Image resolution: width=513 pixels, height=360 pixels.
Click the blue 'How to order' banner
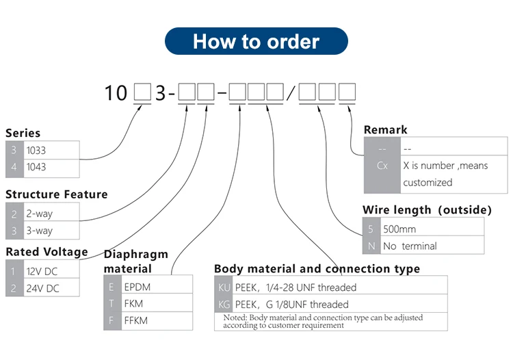click(256, 41)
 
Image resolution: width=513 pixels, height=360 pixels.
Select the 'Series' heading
click(23, 133)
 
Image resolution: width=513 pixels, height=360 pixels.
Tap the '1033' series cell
click(51, 150)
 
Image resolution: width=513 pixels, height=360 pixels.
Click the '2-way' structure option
click(51, 214)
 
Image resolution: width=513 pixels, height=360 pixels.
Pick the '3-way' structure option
click(51, 231)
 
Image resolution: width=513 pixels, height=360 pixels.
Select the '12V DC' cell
click(51, 271)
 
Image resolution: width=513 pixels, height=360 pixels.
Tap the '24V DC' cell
click(51, 288)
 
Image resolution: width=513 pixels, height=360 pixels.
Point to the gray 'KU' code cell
click(224, 287)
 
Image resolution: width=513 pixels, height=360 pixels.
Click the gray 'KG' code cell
click(224, 304)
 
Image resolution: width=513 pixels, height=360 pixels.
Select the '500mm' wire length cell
click(431, 229)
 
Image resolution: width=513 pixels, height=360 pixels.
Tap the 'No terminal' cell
click(431, 246)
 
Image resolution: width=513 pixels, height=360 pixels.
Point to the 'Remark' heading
click(385, 129)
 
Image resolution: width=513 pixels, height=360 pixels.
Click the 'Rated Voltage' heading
click(47, 252)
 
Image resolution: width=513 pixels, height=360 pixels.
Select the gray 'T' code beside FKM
click(111, 303)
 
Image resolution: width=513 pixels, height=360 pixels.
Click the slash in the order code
click(291, 93)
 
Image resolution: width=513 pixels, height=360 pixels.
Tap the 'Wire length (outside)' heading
click(427, 209)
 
